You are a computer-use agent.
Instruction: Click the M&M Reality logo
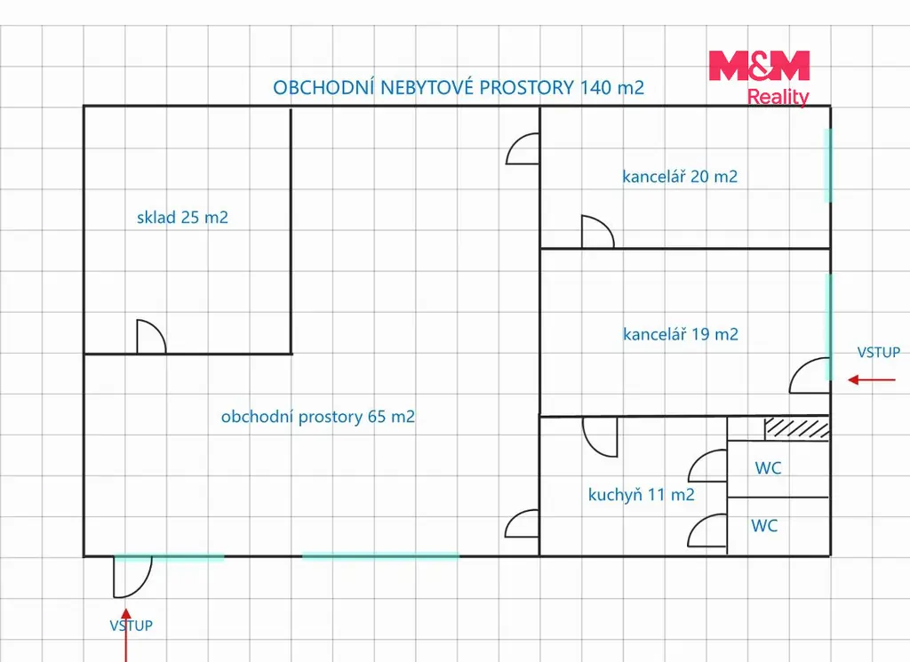click(x=759, y=78)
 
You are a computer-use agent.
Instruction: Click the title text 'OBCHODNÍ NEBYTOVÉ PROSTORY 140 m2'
click(x=459, y=88)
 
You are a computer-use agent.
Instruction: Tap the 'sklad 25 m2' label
click(x=182, y=218)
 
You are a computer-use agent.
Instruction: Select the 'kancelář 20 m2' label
click(x=680, y=176)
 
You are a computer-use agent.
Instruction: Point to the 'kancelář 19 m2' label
click(x=680, y=334)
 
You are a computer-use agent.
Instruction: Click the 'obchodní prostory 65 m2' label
click(x=318, y=417)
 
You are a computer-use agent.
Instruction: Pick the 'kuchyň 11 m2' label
click(x=642, y=495)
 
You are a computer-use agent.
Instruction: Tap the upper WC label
click(x=768, y=468)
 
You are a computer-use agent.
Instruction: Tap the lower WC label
click(x=764, y=526)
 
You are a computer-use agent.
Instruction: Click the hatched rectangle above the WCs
click(x=797, y=427)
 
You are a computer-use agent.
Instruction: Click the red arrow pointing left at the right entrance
click(x=871, y=380)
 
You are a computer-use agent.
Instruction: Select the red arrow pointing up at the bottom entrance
click(x=126, y=634)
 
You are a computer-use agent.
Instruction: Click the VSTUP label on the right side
click(x=879, y=352)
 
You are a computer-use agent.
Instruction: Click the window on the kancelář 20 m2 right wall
click(x=828, y=166)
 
